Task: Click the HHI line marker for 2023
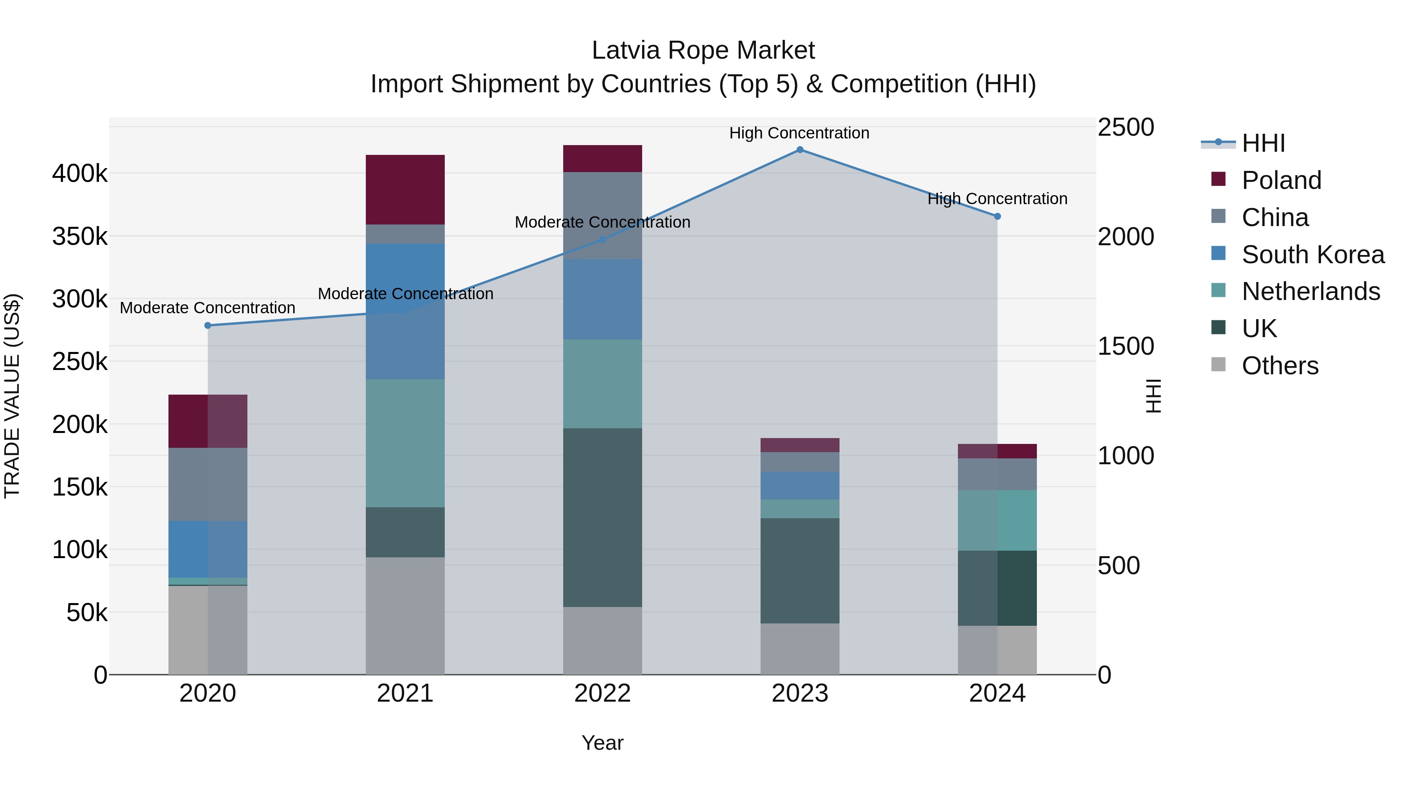pyautogui.click(x=800, y=150)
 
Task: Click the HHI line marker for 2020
pyautogui.click(x=208, y=325)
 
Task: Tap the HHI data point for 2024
pyautogui.click(x=997, y=216)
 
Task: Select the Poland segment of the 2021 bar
pyautogui.click(x=405, y=189)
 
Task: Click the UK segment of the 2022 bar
pyautogui.click(x=602, y=517)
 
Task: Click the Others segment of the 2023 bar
pyautogui.click(x=800, y=649)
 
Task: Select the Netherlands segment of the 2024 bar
pyautogui.click(x=997, y=520)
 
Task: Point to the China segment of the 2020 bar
pyautogui.click(x=208, y=484)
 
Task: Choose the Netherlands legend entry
pyautogui.click(x=1310, y=291)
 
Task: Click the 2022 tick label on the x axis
pyautogui.click(x=602, y=693)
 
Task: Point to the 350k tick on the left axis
pyautogui.click(x=80, y=237)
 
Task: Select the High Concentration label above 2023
pyautogui.click(x=799, y=133)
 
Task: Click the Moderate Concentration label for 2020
pyautogui.click(x=208, y=308)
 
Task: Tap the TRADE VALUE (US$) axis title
pyautogui.click(x=12, y=396)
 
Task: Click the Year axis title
pyautogui.click(x=602, y=743)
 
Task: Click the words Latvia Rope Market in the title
pyautogui.click(x=703, y=50)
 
